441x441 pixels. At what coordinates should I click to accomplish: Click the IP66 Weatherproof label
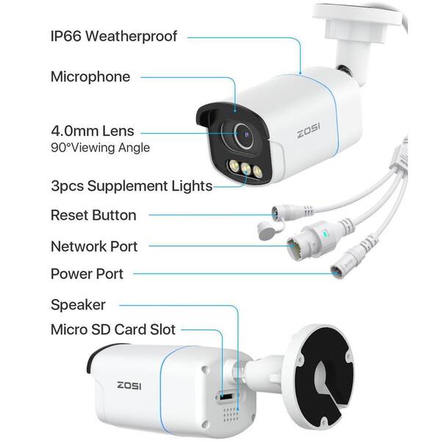coord(114,36)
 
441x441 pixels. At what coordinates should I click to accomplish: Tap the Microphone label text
coord(90,76)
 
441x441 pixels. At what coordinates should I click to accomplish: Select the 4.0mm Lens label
coord(93,131)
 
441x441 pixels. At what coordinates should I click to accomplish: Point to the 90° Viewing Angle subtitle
coord(100,148)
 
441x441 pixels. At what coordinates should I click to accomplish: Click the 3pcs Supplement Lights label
coord(132,186)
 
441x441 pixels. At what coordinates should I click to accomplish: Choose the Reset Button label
coord(93,215)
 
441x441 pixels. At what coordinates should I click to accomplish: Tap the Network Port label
coord(94,246)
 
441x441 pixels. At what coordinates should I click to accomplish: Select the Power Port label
coord(87,274)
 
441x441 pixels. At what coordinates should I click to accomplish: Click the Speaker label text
coord(78,305)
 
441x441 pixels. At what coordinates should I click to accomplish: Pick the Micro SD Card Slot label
coord(113,329)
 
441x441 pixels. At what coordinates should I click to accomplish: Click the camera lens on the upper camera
coord(245,135)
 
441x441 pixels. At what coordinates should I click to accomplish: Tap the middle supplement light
coord(245,169)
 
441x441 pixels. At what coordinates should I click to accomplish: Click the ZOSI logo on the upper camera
coord(309,131)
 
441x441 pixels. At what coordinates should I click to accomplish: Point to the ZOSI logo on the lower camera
coord(129,385)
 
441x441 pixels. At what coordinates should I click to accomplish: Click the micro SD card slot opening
coord(226,397)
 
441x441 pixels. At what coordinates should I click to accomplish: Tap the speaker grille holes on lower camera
coord(232,414)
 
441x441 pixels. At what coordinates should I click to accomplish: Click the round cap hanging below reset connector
coord(267,230)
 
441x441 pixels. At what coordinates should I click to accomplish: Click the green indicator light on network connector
coord(325,233)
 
